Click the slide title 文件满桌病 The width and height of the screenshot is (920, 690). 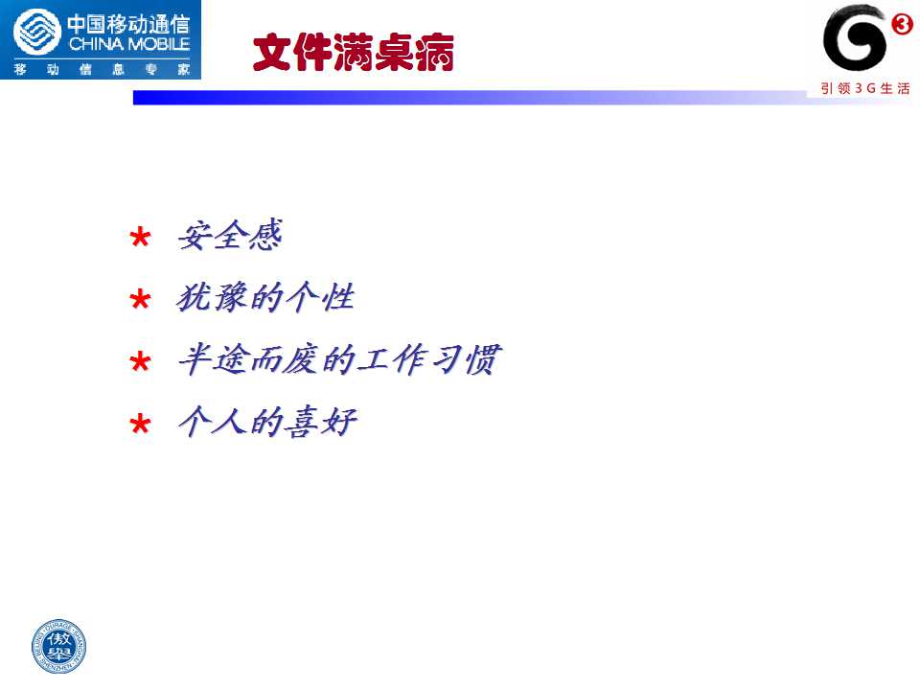tap(354, 52)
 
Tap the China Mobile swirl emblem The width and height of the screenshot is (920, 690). tap(37, 32)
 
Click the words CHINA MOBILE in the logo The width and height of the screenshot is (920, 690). tap(129, 44)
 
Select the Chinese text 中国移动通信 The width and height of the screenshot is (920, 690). tap(128, 24)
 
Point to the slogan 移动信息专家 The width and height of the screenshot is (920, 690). tap(103, 69)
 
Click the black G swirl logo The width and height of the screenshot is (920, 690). tap(855, 38)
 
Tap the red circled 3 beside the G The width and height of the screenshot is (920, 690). tap(902, 24)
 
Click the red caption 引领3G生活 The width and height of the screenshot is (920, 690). tap(865, 88)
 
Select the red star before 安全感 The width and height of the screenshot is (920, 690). tap(140, 238)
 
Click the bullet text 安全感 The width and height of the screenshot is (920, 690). tap(230, 236)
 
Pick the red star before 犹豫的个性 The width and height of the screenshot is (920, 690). tap(140, 300)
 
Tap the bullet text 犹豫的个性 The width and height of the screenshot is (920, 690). tap(265, 297)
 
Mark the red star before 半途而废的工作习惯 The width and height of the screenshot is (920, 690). tap(140, 361)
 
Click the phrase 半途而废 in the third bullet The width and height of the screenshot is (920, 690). tap(249, 359)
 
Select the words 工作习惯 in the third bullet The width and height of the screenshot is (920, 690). tap(429, 359)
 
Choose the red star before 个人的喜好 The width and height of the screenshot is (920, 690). tap(140, 424)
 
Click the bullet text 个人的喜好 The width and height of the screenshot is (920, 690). tap(267, 422)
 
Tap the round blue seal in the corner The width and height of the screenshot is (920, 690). tap(58, 646)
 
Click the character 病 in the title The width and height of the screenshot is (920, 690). tap(435, 52)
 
